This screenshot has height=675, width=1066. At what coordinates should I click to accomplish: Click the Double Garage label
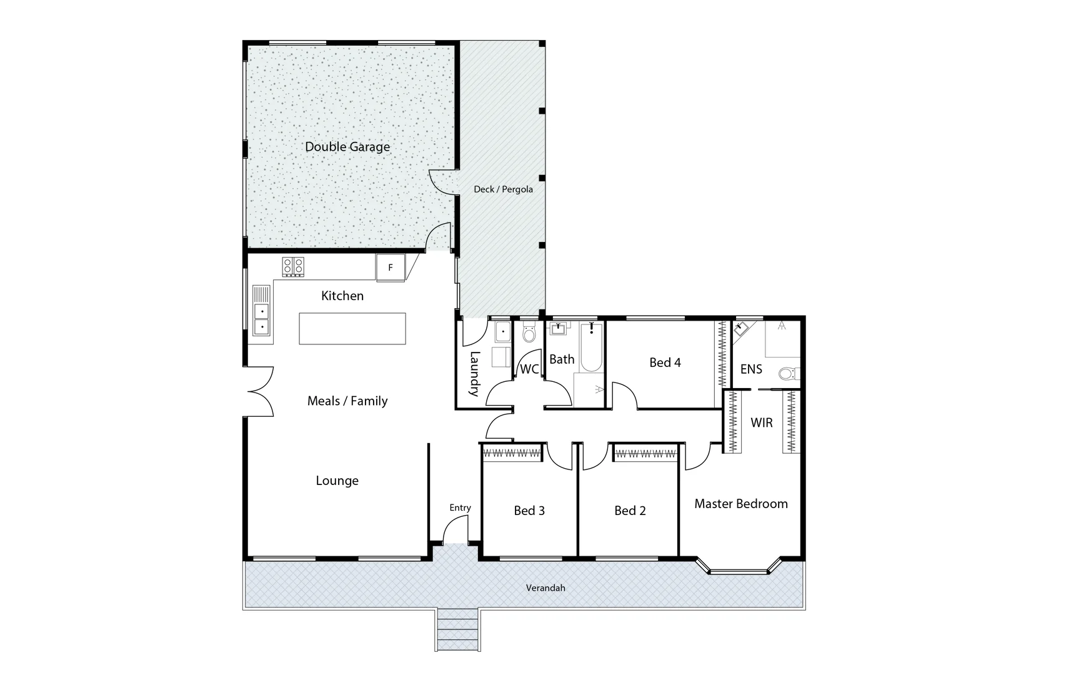pos(347,147)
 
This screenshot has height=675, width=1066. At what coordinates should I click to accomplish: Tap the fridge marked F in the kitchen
pos(391,267)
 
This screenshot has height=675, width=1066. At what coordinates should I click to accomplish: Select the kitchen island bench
pos(352,329)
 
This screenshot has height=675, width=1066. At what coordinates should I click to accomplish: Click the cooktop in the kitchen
pos(293,267)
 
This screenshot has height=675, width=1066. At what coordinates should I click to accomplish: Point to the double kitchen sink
pos(262,318)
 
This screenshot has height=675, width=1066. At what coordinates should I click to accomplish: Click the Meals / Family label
pos(347,401)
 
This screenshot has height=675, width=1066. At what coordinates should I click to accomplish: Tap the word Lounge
pos(337,481)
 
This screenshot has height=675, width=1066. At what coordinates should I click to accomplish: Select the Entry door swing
pos(455,531)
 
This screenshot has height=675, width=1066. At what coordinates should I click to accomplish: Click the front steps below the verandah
pos(458,630)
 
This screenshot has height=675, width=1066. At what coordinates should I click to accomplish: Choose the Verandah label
pos(545,588)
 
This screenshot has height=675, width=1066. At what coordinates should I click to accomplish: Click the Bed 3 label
pos(529,511)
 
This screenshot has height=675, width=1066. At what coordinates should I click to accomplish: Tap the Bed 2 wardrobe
pos(645,454)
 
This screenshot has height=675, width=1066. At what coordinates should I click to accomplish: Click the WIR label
pos(761,423)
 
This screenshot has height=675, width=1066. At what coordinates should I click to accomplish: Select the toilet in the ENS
pos(788,374)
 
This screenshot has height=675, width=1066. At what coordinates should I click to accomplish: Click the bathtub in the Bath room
pos(590,347)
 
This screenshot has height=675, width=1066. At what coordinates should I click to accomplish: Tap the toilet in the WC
pos(529,335)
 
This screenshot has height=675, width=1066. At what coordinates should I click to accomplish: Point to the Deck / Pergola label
pos(503,189)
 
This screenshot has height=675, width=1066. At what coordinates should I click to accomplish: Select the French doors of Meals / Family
pos(261,391)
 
